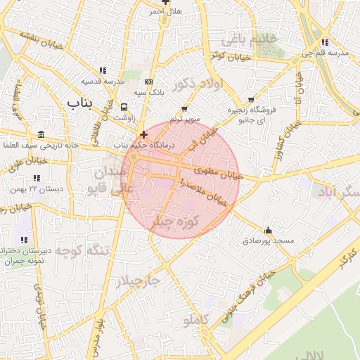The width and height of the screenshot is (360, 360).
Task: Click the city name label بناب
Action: pos(82,103)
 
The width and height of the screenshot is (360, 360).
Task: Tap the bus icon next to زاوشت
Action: pos(124,108)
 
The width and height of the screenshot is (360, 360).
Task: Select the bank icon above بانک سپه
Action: pos(148,82)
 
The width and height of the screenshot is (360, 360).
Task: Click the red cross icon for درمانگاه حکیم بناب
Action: pos(143,134)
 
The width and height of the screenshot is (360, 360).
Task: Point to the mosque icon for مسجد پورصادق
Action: pos(268,230)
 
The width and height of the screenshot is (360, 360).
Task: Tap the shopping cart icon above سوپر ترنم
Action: pos(185,109)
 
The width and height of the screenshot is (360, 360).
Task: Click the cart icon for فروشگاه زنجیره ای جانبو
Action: pos(252,100)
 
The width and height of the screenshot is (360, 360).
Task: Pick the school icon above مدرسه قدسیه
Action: pos(103,70)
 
